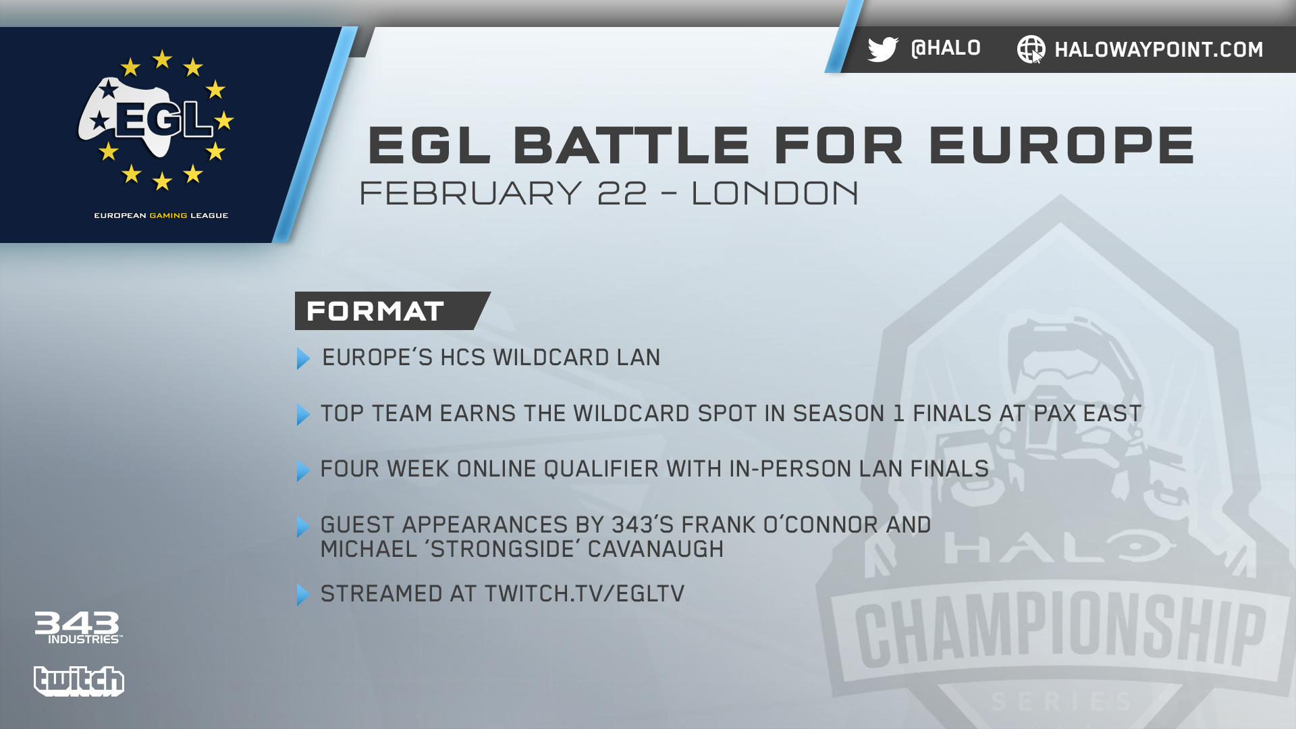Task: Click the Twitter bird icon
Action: (883, 49)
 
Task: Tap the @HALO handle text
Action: (946, 49)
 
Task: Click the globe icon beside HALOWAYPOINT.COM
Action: (1031, 49)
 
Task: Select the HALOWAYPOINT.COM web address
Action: (1158, 49)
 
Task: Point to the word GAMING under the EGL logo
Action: (169, 216)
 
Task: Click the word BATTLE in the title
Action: (631, 145)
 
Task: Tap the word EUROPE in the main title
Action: (1062, 145)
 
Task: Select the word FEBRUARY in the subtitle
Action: (470, 193)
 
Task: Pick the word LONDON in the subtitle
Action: (775, 193)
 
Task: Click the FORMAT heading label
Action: (375, 311)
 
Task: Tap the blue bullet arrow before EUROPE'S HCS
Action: (304, 358)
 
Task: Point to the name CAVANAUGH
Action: (655, 549)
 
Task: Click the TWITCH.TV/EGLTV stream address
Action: (585, 594)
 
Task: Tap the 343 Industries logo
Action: (78, 628)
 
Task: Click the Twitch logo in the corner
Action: (79, 681)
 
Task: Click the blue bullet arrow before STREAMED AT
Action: (304, 595)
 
